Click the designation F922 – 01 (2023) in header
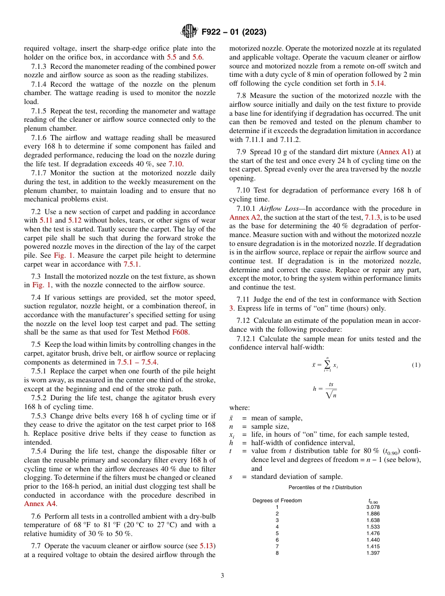tap(234, 32)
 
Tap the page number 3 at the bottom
tap(222, 575)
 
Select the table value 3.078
tap(372, 507)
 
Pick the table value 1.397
tap(372, 553)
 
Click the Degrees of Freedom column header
tap(277, 500)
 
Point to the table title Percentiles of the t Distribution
tap(325, 487)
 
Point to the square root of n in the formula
tap(331, 395)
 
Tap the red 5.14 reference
tap(377, 83)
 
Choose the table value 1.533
tap(372, 527)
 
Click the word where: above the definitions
tap(239, 408)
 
